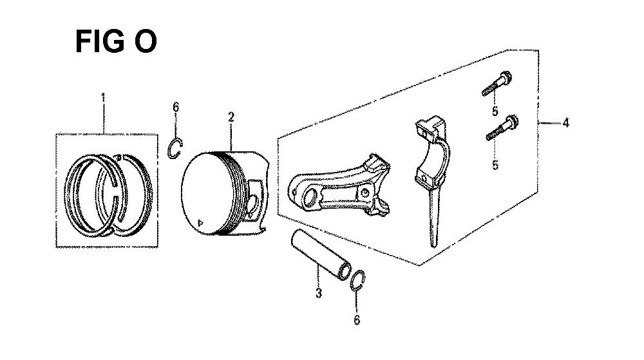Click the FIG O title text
[115, 42]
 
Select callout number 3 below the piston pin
[318, 294]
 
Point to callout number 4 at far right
[565, 122]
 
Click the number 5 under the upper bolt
[495, 111]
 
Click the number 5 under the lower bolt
[495, 165]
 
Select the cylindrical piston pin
[320, 254]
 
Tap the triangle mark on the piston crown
[202, 223]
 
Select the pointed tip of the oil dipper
[433, 243]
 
